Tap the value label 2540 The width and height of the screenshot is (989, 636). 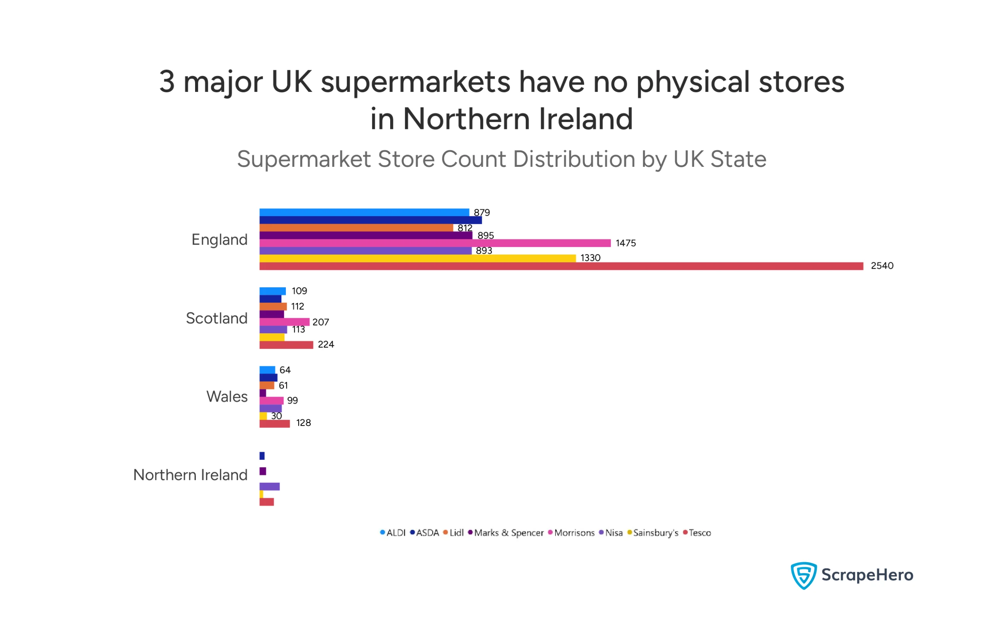pos(881,266)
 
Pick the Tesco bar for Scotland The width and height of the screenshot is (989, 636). pos(285,344)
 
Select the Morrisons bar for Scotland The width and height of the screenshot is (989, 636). pos(284,322)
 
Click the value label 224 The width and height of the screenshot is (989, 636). pos(325,344)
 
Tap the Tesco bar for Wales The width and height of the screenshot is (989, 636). pos(274,423)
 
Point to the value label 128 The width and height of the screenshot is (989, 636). pos(303,422)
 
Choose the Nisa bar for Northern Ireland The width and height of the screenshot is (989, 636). pos(269,486)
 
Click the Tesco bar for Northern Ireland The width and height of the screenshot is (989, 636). pos(266,501)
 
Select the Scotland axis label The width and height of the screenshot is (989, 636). pos(216,318)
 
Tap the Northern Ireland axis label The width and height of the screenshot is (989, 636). pos(190,475)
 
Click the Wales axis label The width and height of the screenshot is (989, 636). pos(226,397)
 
